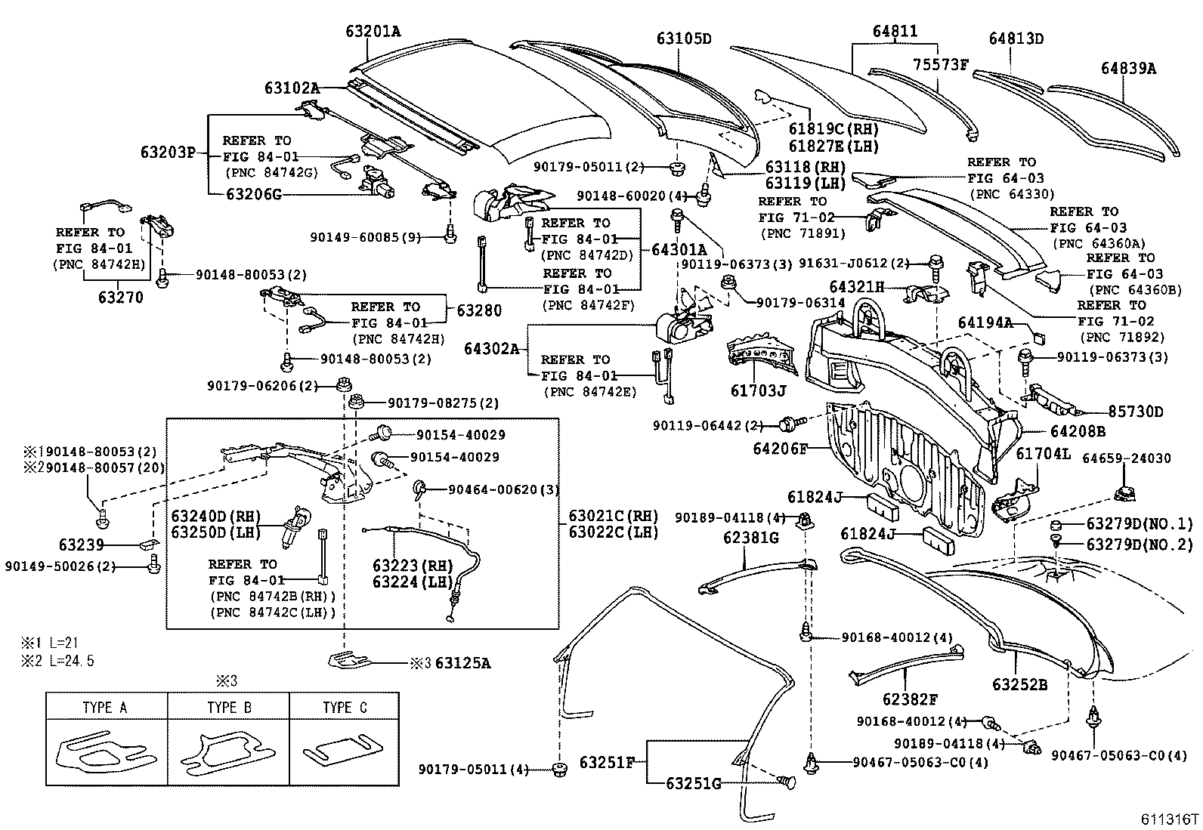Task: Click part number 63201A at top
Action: (373, 31)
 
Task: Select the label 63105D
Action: (683, 38)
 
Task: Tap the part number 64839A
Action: (1128, 68)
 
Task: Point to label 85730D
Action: (1135, 412)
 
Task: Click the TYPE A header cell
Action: (106, 708)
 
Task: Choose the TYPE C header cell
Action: (344, 708)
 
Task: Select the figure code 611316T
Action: (1169, 819)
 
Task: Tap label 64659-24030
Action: (1126, 458)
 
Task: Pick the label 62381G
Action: (750, 538)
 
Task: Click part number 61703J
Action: (758, 390)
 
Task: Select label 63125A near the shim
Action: (462, 663)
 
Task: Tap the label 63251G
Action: (693, 782)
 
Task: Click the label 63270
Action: (121, 298)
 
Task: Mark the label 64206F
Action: (781, 449)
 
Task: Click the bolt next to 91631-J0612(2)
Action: (933, 262)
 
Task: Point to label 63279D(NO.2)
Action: (1139, 544)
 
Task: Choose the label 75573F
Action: (940, 64)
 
